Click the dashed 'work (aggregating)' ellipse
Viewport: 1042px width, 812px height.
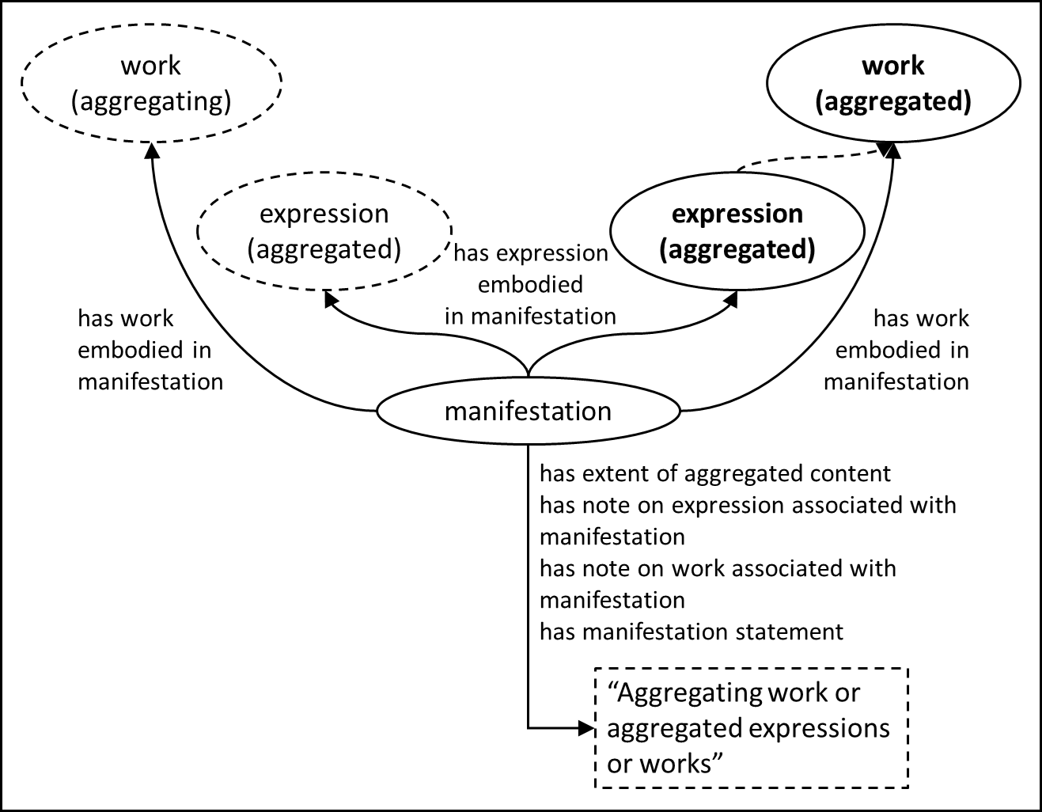150,83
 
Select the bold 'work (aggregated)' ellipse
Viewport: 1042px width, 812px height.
893,83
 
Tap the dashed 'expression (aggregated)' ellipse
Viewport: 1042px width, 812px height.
324,231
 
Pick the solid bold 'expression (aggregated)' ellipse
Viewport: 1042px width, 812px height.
737,231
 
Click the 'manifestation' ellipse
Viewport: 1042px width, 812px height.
528,411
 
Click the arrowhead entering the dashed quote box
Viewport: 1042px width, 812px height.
587,727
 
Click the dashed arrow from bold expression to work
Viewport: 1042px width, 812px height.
807,158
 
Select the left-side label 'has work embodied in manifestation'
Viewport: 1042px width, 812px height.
150,350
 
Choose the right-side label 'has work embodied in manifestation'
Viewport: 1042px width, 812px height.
897,350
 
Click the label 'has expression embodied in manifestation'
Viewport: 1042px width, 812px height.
530,285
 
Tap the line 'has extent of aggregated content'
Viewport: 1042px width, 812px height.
714,473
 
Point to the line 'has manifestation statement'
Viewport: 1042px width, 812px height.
691,632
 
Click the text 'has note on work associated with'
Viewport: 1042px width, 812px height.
717,568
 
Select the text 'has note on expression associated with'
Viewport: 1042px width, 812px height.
747,505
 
